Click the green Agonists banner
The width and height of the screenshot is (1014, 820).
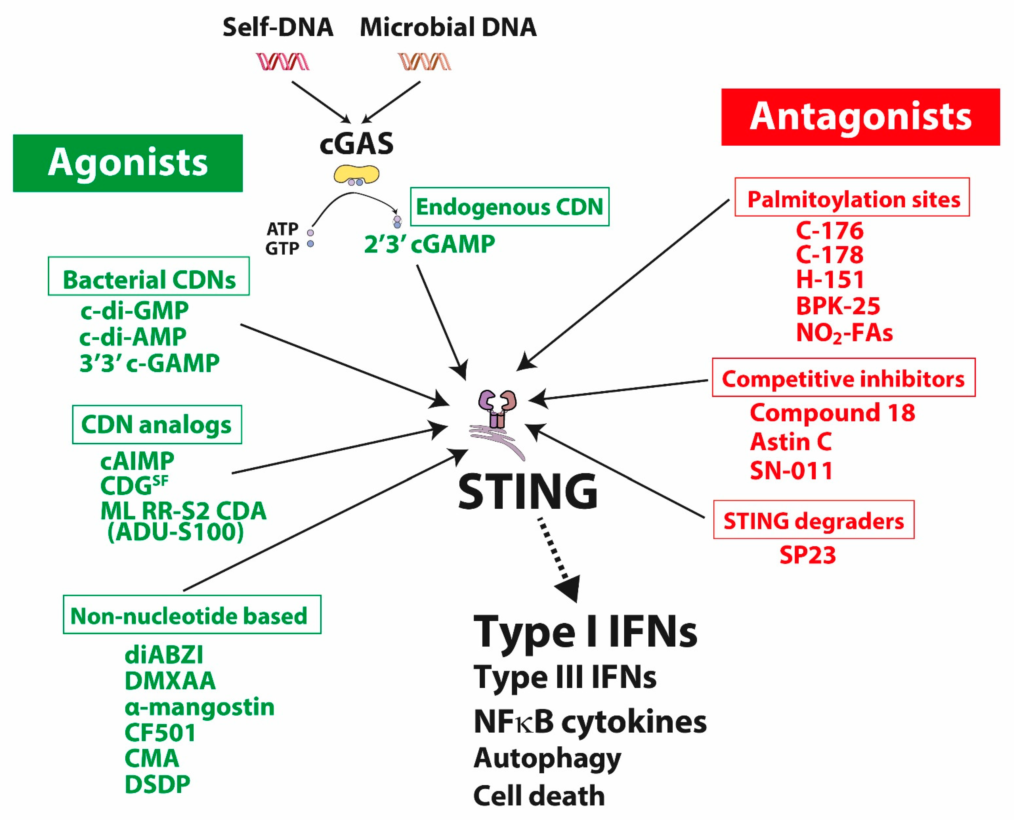coord(127,163)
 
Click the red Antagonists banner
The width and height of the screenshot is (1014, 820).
coord(860,117)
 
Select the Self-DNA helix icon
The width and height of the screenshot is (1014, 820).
coord(282,61)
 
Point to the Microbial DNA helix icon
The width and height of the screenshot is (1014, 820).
coord(424,61)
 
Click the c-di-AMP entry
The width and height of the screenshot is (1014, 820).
coord(133,337)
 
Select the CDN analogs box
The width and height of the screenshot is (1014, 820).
coord(157,424)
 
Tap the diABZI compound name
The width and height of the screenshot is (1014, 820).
coord(164,655)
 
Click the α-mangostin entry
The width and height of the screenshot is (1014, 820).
coord(199,707)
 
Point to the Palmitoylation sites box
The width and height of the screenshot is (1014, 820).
coord(852,197)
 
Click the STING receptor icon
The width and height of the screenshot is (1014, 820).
coord(497,416)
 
